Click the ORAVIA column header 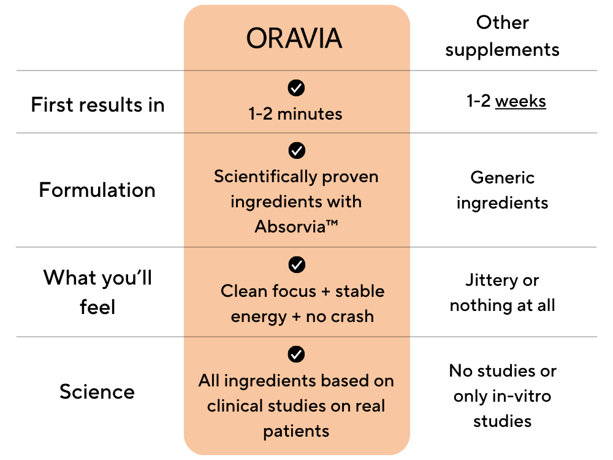[294, 38]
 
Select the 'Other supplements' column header [503, 36]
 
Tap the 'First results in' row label [97, 105]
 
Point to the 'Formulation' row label [97, 190]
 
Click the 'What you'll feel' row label [97, 292]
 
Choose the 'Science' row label [97, 391]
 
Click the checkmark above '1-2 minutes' [296, 88]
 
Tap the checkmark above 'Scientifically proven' [297, 150]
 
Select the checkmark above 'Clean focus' [297, 264]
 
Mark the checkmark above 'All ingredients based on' [296, 354]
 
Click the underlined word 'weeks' [520, 101]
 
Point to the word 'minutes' [310, 114]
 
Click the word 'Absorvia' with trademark [296, 226]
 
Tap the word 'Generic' [503, 178]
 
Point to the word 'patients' [296, 431]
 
